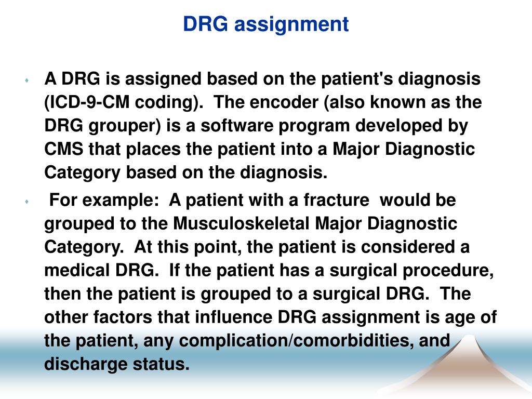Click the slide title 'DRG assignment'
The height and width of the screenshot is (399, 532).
(x=266, y=24)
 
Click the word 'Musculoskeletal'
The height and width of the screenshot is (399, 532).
(x=242, y=224)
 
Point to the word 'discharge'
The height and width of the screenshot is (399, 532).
(x=85, y=365)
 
